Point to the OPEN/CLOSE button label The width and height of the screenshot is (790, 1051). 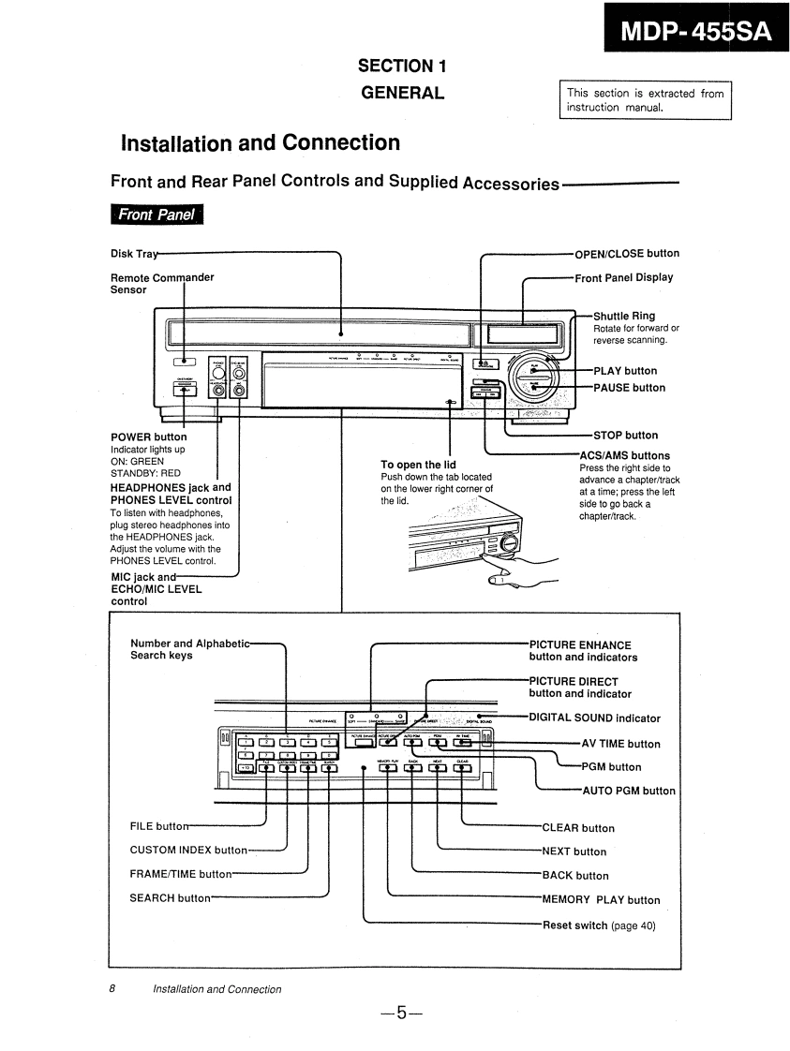627,253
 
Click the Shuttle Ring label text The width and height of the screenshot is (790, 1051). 624,316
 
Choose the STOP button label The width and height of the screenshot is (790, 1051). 625,435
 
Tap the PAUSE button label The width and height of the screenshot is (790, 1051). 629,388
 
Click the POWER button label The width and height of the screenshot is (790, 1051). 148,437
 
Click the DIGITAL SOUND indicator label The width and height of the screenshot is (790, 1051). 594,718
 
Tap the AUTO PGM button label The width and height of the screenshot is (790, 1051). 629,791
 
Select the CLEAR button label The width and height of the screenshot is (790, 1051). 578,828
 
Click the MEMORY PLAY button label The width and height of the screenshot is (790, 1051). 601,900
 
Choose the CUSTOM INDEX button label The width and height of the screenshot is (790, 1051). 188,850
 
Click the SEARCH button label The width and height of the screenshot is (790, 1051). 170,898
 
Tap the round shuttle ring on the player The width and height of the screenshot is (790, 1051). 532,377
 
